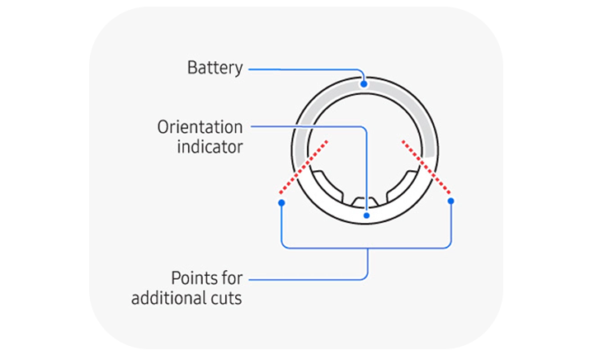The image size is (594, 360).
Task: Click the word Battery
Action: click(x=215, y=68)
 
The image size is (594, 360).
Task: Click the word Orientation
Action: click(x=200, y=127)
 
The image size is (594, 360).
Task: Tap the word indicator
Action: click(x=210, y=148)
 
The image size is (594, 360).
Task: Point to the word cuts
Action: click(x=227, y=298)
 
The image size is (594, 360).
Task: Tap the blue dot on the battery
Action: click(x=364, y=84)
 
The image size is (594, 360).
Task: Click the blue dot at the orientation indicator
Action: click(x=366, y=216)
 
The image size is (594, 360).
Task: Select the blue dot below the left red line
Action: click(x=281, y=201)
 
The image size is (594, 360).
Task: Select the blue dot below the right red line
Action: click(x=450, y=201)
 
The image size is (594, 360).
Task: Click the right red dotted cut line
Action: click(x=427, y=168)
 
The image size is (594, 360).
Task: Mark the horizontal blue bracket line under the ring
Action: click(x=366, y=247)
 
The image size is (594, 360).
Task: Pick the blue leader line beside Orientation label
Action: click(x=305, y=127)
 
